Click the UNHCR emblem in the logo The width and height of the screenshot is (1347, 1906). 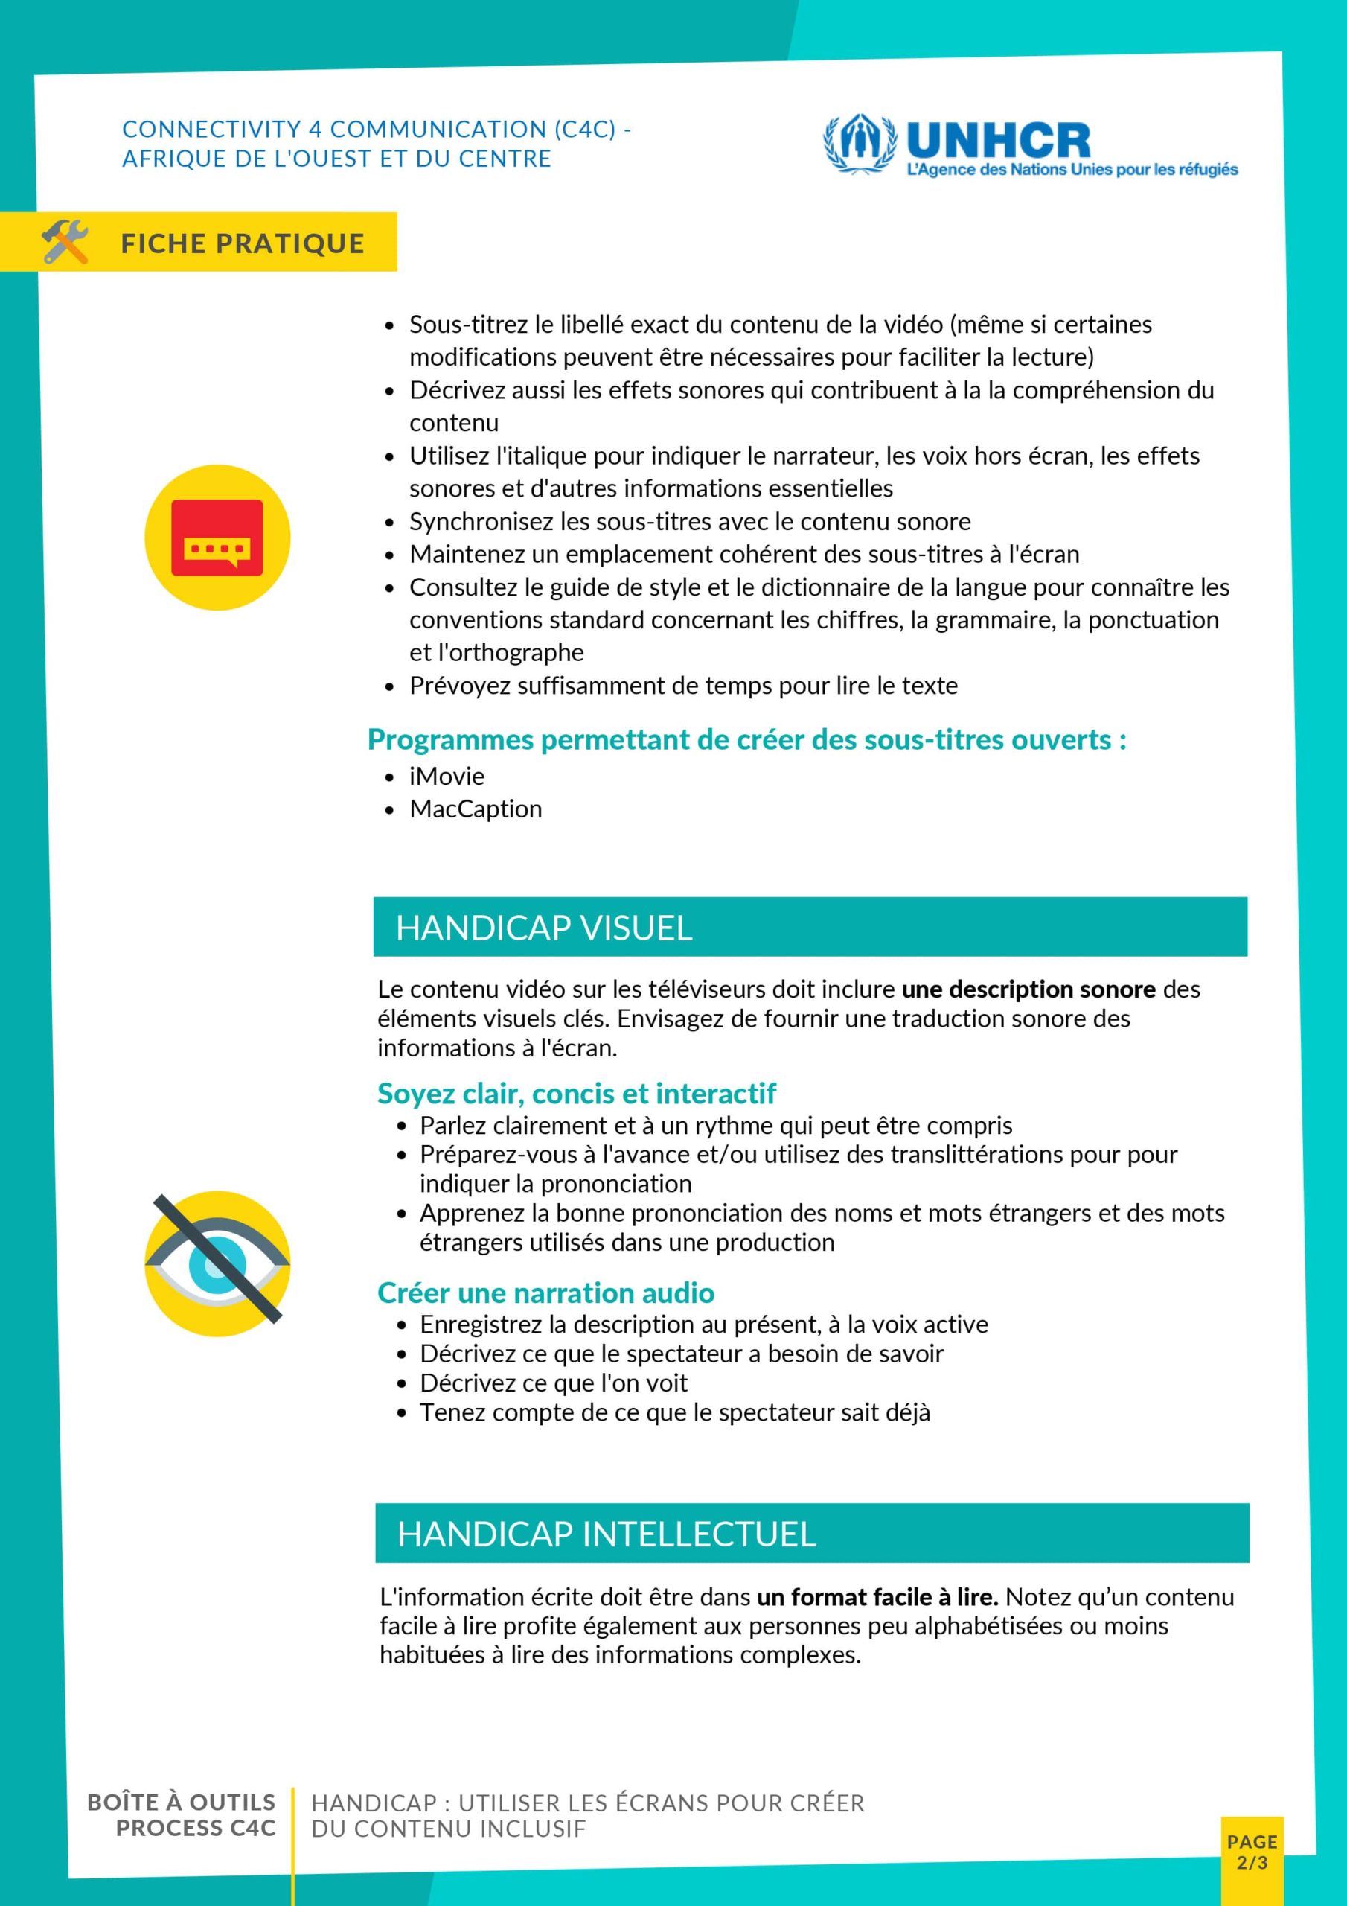point(860,144)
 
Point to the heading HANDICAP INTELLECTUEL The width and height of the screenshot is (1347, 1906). point(607,1534)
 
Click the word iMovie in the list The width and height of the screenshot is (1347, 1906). point(447,777)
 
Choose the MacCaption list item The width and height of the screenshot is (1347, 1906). point(476,809)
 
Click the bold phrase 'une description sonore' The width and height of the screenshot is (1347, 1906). point(1028,989)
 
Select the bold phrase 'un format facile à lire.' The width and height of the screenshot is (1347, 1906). point(877,1597)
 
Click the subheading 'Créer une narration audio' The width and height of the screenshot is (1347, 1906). point(545,1293)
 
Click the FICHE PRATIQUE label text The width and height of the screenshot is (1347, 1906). point(243,243)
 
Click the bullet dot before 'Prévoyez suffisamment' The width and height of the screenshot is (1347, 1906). point(389,686)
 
